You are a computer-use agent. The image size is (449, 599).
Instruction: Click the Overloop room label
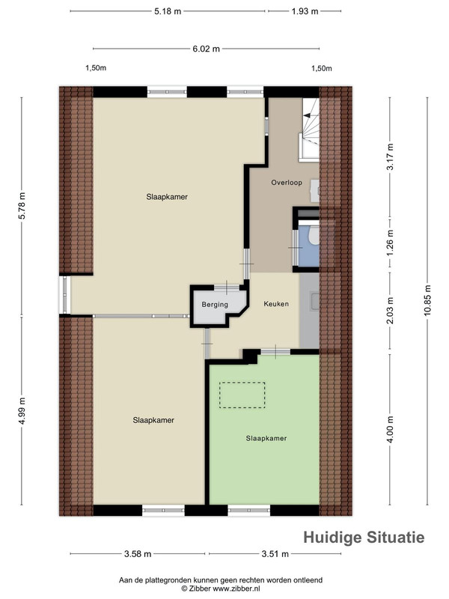coord(287,183)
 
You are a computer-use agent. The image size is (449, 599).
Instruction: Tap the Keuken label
coord(276,304)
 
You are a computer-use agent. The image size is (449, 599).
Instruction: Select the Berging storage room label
coord(215,305)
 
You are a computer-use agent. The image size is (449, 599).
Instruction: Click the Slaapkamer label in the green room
coord(266,438)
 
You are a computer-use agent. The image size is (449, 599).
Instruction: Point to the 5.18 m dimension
coord(168,11)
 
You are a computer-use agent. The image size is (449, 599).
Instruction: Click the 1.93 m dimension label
coord(305,11)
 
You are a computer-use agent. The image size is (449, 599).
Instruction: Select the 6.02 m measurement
coord(207,49)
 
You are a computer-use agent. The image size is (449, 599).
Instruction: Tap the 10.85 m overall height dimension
coord(427,300)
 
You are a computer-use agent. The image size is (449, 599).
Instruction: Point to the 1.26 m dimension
coord(390,243)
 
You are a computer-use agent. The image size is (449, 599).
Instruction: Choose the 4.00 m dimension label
coord(390,429)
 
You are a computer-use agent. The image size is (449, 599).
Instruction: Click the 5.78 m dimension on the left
coord(22,205)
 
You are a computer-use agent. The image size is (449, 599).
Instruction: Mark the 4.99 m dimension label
coord(22,410)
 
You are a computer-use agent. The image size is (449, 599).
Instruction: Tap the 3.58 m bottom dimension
coord(138,553)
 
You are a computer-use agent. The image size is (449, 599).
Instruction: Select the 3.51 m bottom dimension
coord(275,553)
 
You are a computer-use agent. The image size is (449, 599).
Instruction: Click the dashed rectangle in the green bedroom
coord(242,383)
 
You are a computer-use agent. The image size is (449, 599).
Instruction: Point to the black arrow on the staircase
coord(308,115)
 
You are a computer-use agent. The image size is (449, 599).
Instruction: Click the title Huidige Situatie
coord(364,537)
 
